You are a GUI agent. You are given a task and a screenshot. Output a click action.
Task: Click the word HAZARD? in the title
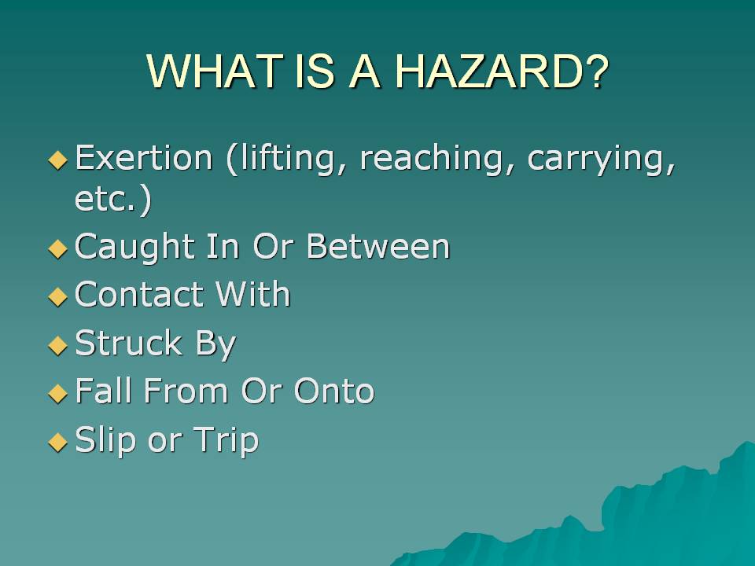pyautogui.click(x=502, y=72)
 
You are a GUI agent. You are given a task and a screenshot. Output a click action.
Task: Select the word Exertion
pyautogui.click(x=143, y=157)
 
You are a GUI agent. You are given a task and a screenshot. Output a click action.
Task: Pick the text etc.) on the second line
pyautogui.click(x=113, y=199)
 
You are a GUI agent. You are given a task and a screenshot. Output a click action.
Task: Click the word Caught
pyautogui.click(x=134, y=248)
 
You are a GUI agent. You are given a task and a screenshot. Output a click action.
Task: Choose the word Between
pyautogui.click(x=378, y=246)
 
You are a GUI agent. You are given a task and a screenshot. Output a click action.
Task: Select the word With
pyautogui.click(x=252, y=293)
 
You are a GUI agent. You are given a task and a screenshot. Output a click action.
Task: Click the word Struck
pyautogui.click(x=128, y=343)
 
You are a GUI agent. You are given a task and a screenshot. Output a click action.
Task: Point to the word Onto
pyautogui.click(x=334, y=391)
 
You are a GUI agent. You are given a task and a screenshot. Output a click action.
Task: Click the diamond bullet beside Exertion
pyautogui.click(x=58, y=160)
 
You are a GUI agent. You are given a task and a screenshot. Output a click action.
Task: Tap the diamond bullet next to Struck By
pyautogui.click(x=58, y=345)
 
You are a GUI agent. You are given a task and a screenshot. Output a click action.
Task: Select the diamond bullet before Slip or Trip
pyautogui.click(x=58, y=442)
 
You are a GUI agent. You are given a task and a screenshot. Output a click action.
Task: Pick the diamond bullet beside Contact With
pyautogui.click(x=58, y=296)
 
